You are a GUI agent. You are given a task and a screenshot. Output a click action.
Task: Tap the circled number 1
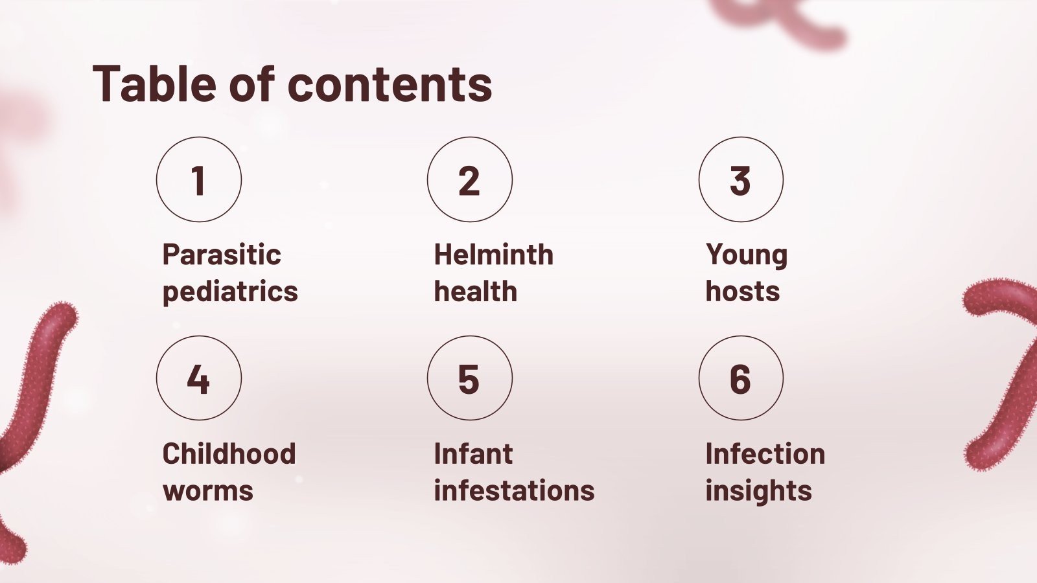199,179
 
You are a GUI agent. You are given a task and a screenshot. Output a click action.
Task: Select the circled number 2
469,179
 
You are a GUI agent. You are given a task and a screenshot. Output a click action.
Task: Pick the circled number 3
740,179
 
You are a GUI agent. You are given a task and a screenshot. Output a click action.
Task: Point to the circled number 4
199,378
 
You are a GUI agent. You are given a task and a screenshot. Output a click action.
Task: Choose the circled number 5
469,378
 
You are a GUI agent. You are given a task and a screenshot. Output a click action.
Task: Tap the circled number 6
740,378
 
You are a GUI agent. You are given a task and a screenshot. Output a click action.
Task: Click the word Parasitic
222,255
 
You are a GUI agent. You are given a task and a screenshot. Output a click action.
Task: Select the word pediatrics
230,292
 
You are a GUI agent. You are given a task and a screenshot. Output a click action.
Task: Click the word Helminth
494,255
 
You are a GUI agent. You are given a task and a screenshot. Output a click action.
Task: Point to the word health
476,292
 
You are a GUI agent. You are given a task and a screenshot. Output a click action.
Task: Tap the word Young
747,255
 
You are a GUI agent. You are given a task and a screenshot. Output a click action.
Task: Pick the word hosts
743,292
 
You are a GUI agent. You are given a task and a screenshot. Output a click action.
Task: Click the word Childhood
229,453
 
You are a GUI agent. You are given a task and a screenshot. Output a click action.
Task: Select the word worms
208,491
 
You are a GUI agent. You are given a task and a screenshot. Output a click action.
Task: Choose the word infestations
514,491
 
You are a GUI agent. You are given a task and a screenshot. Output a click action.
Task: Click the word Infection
765,453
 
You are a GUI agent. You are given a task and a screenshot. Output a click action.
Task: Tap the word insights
758,491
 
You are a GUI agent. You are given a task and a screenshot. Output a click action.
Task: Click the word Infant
473,453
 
